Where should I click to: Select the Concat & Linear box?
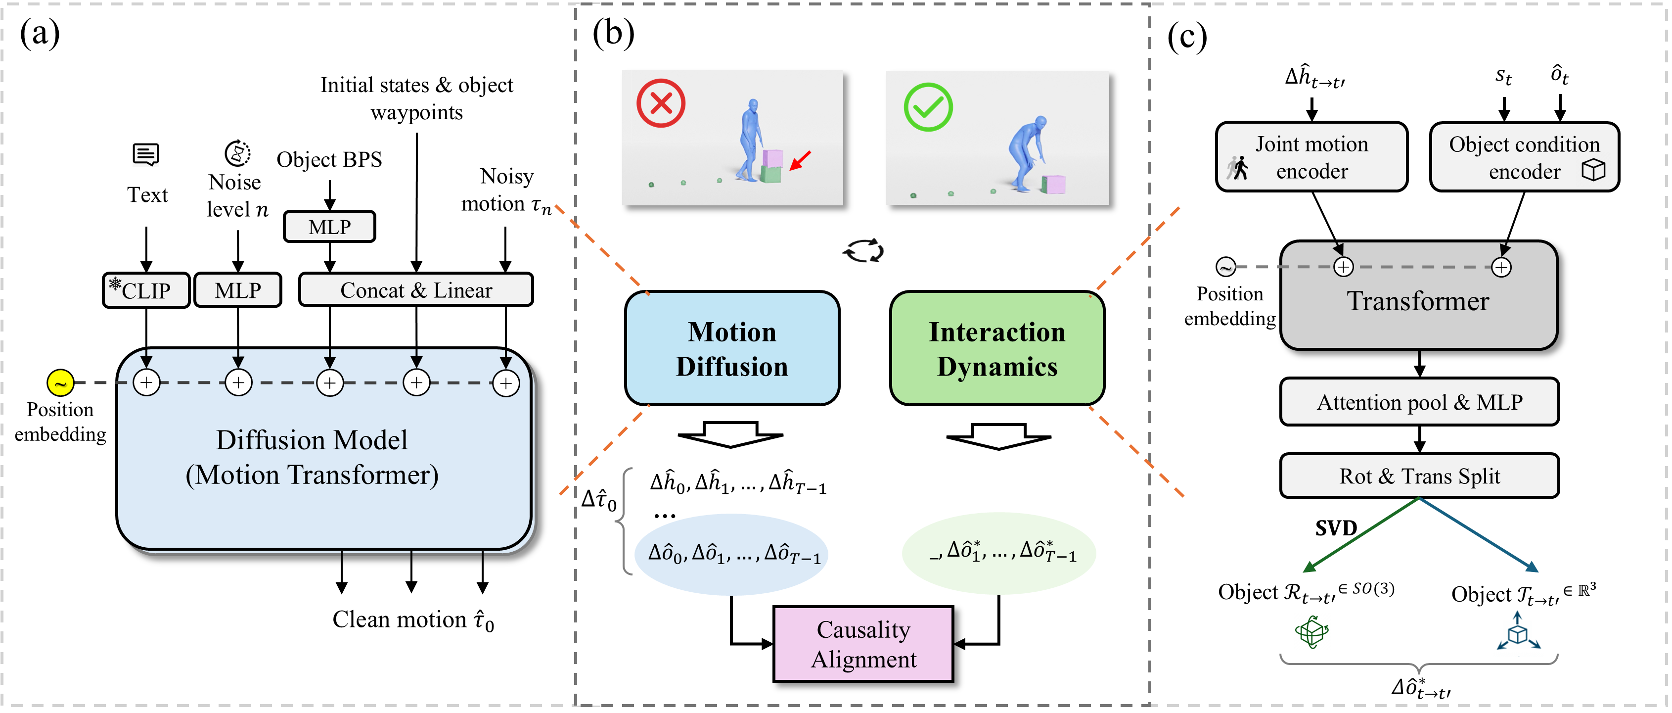pyautogui.click(x=415, y=289)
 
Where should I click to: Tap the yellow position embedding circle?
pyautogui.click(x=60, y=383)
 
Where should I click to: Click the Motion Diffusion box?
pyautogui.click(x=731, y=349)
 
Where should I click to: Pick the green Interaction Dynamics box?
pyautogui.click(x=996, y=349)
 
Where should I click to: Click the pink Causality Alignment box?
pyautogui.click(x=863, y=644)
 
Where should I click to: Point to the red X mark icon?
pyautogui.click(x=661, y=103)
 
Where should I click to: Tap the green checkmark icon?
pyautogui.click(x=928, y=107)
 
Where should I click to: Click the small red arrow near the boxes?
pyautogui.click(x=800, y=160)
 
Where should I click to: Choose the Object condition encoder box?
pyautogui.click(x=1524, y=157)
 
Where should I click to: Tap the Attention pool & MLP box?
pyautogui.click(x=1419, y=402)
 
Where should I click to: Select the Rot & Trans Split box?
pyautogui.click(x=1419, y=476)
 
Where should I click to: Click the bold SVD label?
pyautogui.click(x=1336, y=528)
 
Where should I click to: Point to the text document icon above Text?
pyautogui.click(x=146, y=154)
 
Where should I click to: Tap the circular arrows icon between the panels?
pyautogui.click(x=863, y=251)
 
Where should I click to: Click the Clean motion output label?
pyautogui.click(x=413, y=619)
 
